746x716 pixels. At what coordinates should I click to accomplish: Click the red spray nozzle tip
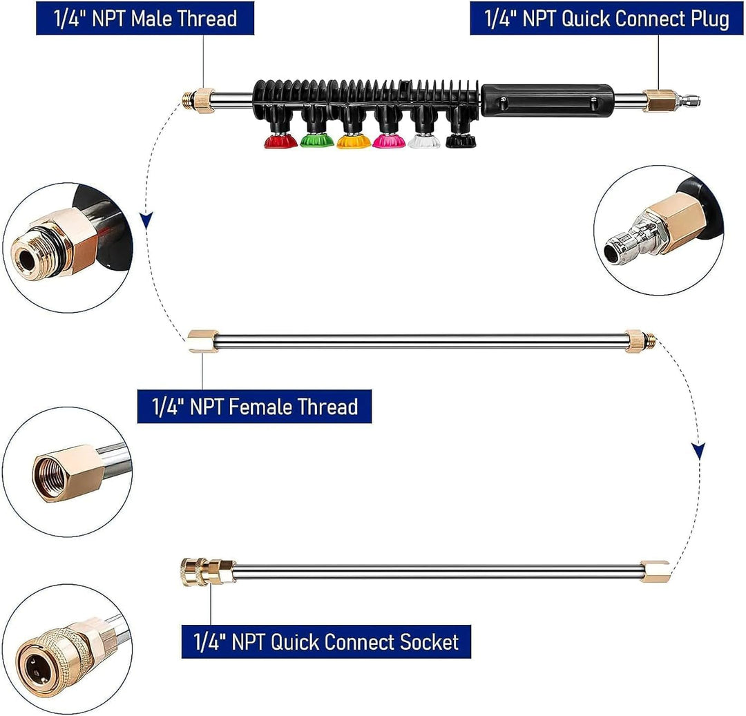click(280, 141)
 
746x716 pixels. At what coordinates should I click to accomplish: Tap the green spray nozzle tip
click(317, 141)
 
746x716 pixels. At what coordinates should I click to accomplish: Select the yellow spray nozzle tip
click(353, 141)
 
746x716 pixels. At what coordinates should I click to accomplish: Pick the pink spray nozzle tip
click(389, 141)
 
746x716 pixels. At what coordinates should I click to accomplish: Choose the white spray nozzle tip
click(424, 141)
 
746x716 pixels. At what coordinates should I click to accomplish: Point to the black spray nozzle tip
click(461, 141)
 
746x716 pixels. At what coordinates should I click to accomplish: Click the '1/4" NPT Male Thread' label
click(145, 19)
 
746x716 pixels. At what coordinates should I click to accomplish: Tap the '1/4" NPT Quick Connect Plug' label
click(606, 19)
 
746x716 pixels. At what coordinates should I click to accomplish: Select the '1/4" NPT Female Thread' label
click(254, 407)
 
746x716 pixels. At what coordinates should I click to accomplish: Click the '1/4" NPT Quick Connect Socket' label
click(326, 642)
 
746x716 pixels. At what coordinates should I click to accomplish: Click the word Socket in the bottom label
click(429, 642)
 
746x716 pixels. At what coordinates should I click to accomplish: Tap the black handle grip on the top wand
click(547, 100)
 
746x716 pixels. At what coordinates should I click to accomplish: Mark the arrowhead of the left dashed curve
click(146, 220)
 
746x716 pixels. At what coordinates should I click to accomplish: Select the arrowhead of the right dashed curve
click(698, 451)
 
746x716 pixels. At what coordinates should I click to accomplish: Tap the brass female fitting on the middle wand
click(203, 341)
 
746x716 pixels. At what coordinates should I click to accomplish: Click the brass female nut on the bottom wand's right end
click(655, 572)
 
